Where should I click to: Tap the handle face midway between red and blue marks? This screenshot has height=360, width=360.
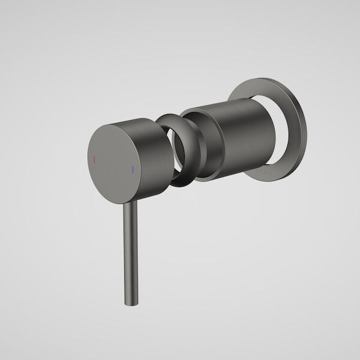(x=113, y=164)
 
